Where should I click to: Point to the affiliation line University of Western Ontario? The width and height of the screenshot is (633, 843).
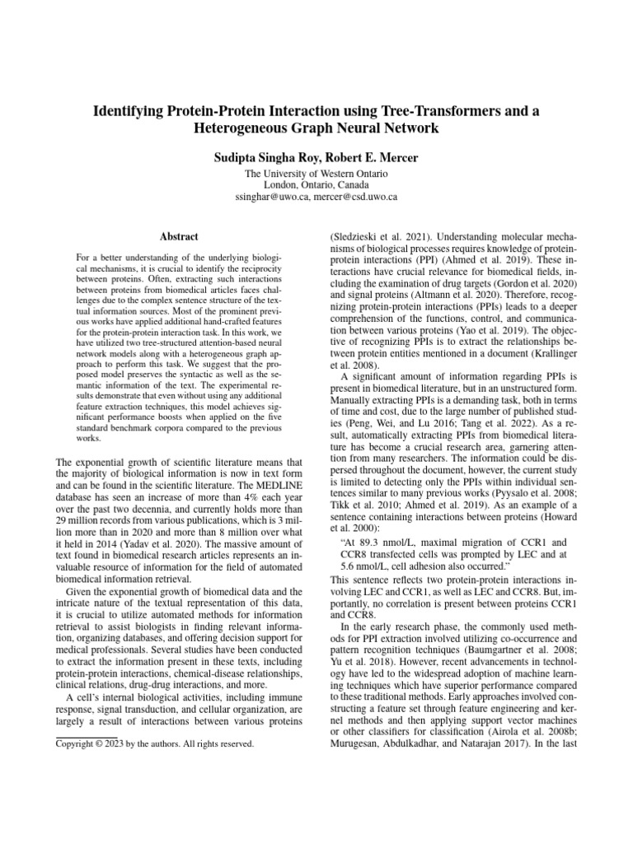pyautogui.click(x=316, y=174)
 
